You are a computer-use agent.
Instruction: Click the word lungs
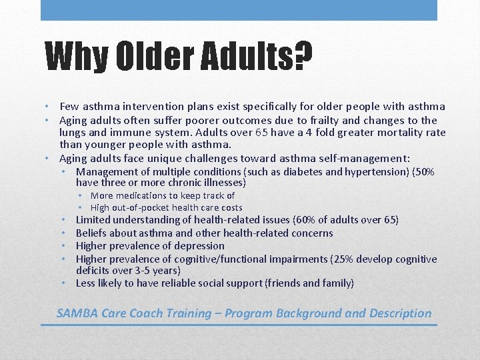(x=74, y=133)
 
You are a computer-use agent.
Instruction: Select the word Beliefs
(x=92, y=233)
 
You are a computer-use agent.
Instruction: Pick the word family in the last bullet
(x=337, y=283)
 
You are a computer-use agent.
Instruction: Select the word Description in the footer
(x=397, y=313)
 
